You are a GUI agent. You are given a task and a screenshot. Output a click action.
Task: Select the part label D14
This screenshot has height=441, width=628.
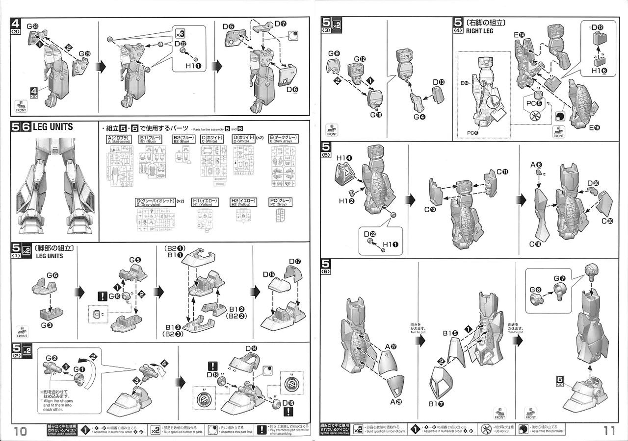click(x=251, y=348)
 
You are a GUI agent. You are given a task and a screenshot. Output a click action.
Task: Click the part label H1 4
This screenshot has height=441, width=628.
click(x=344, y=158)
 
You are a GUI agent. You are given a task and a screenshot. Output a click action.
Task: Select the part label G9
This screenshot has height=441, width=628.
click(x=334, y=53)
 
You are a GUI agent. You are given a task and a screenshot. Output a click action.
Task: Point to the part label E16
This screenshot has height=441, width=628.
click(x=595, y=127)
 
